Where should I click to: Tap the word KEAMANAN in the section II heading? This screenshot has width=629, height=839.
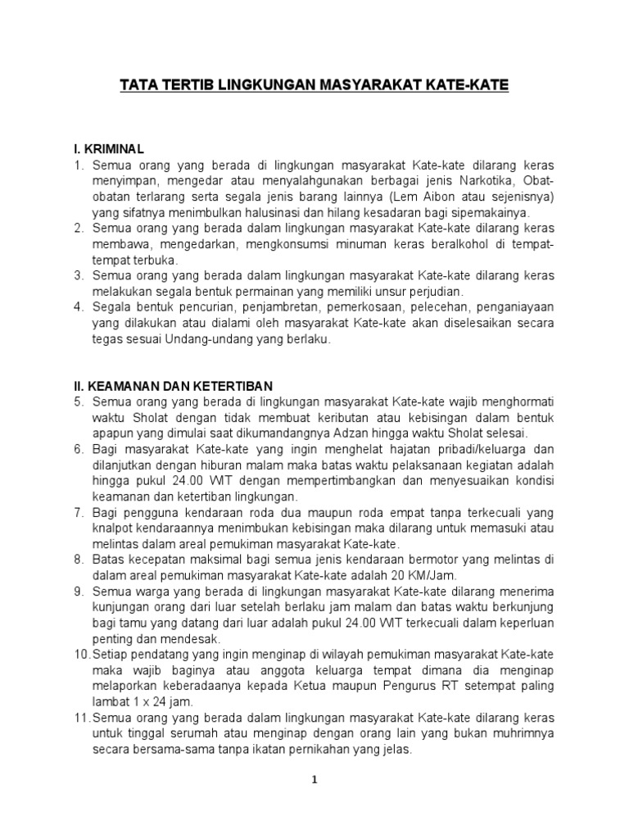128,386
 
